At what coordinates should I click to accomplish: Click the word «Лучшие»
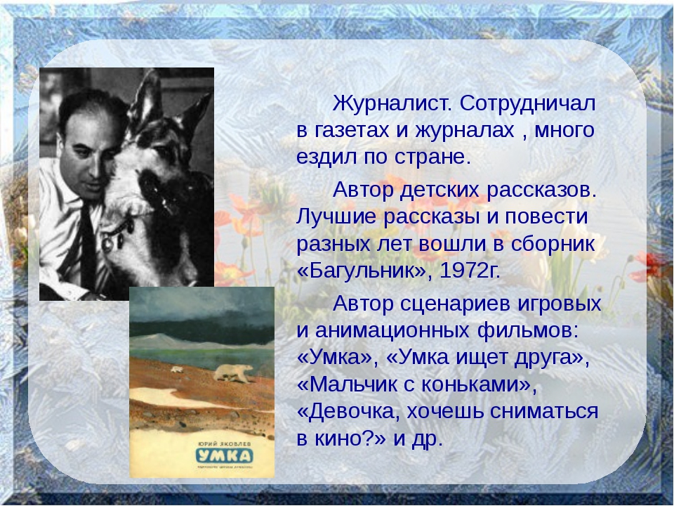click(x=336, y=216)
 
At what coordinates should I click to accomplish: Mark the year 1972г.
click(x=470, y=271)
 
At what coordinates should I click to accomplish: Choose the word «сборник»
click(x=553, y=244)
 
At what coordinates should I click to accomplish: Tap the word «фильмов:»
click(x=528, y=331)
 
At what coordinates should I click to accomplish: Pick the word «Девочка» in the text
click(x=352, y=412)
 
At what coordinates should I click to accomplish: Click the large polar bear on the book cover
click(x=234, y=373)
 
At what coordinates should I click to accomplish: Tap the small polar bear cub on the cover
click(x=177, y=370)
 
